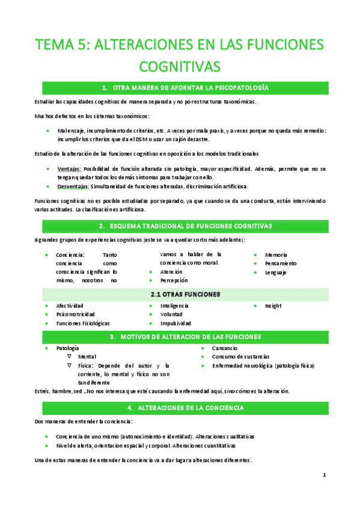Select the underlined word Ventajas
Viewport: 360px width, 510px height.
click(x=69, y=169)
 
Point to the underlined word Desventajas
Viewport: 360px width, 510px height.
click(x=73, y=186)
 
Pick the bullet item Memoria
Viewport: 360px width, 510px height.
click(x=276, y=255)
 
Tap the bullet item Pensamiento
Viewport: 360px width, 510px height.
click(x=280, y=263)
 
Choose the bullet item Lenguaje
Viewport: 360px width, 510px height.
click(x=275, y=272)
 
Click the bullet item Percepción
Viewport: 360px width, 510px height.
click(x=174, y=280)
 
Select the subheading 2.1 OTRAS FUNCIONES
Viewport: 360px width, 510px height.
click(x=185, y=295)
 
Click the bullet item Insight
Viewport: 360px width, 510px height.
click(x=273, y=306)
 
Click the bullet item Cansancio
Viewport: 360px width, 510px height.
click(x=225, y=348)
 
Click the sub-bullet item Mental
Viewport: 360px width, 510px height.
click(x=87, y=357)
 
